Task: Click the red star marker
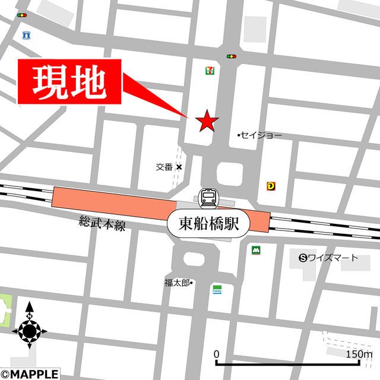207,121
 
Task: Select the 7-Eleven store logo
210,70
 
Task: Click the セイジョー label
262,135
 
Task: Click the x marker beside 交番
179,167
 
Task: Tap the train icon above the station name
208,197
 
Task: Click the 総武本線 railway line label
102,224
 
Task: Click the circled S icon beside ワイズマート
303,258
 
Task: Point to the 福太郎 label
178,283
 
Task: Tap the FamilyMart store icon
217,289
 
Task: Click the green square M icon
256,251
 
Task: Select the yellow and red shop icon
271,186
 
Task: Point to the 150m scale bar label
359,354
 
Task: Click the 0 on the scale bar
217,354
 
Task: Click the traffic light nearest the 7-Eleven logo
231,56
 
